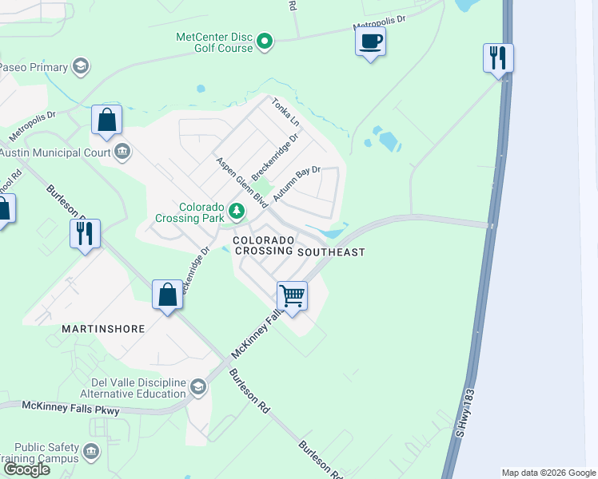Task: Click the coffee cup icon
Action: [x=370, y=42]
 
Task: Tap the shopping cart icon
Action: [x=292, y=295]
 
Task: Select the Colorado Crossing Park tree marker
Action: [x=236, y=211]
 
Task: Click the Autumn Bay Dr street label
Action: [x=297, y=183]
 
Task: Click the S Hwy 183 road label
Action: [x=464, y=412]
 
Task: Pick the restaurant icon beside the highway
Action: [x=497, y=57]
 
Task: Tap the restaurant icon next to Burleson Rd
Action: [x=84, y=233]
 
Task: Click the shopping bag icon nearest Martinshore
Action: [x=167, y=295]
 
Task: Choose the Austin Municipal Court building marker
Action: [x=122, y=152]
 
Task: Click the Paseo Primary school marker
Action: [x=80, y=66]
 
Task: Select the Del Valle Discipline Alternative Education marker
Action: [x=197, y=387]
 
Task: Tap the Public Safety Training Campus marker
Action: [x=92, y=453]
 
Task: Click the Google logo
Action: [x=26, y=469]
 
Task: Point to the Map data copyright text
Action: [x=548, y=473]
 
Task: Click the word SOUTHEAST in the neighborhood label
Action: [x=331, y=251]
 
